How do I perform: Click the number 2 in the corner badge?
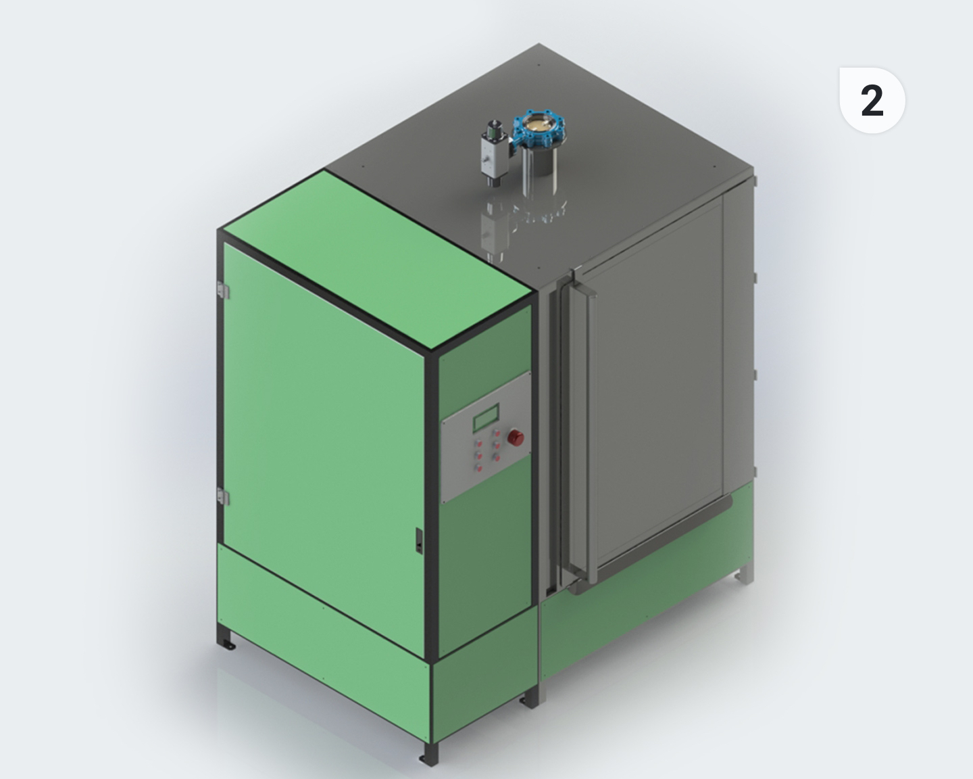click(872, 101)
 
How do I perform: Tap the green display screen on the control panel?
click(486, 417)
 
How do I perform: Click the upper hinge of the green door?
click(222, 290)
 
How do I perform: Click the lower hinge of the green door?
click(222, 496)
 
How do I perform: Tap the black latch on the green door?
click(419, 540)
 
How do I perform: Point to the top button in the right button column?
click(497, 433)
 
